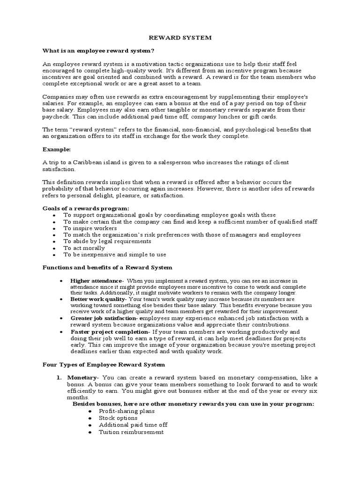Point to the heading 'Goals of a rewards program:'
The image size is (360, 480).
[x=86, y=208]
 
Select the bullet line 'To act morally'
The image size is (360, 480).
[x=84, y=248]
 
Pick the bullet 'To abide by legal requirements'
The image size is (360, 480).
[x=107, y=241]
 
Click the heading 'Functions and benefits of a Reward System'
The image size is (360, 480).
[x=108, y=268]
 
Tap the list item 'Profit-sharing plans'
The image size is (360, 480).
[x=127, y=411]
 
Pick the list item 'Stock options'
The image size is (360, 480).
[x=118, y=418]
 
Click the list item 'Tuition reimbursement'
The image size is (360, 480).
[x=131, y=432]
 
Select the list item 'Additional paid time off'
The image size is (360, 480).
[x=133, y=425]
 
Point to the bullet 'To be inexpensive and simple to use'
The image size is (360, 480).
[x=115, y=255]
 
